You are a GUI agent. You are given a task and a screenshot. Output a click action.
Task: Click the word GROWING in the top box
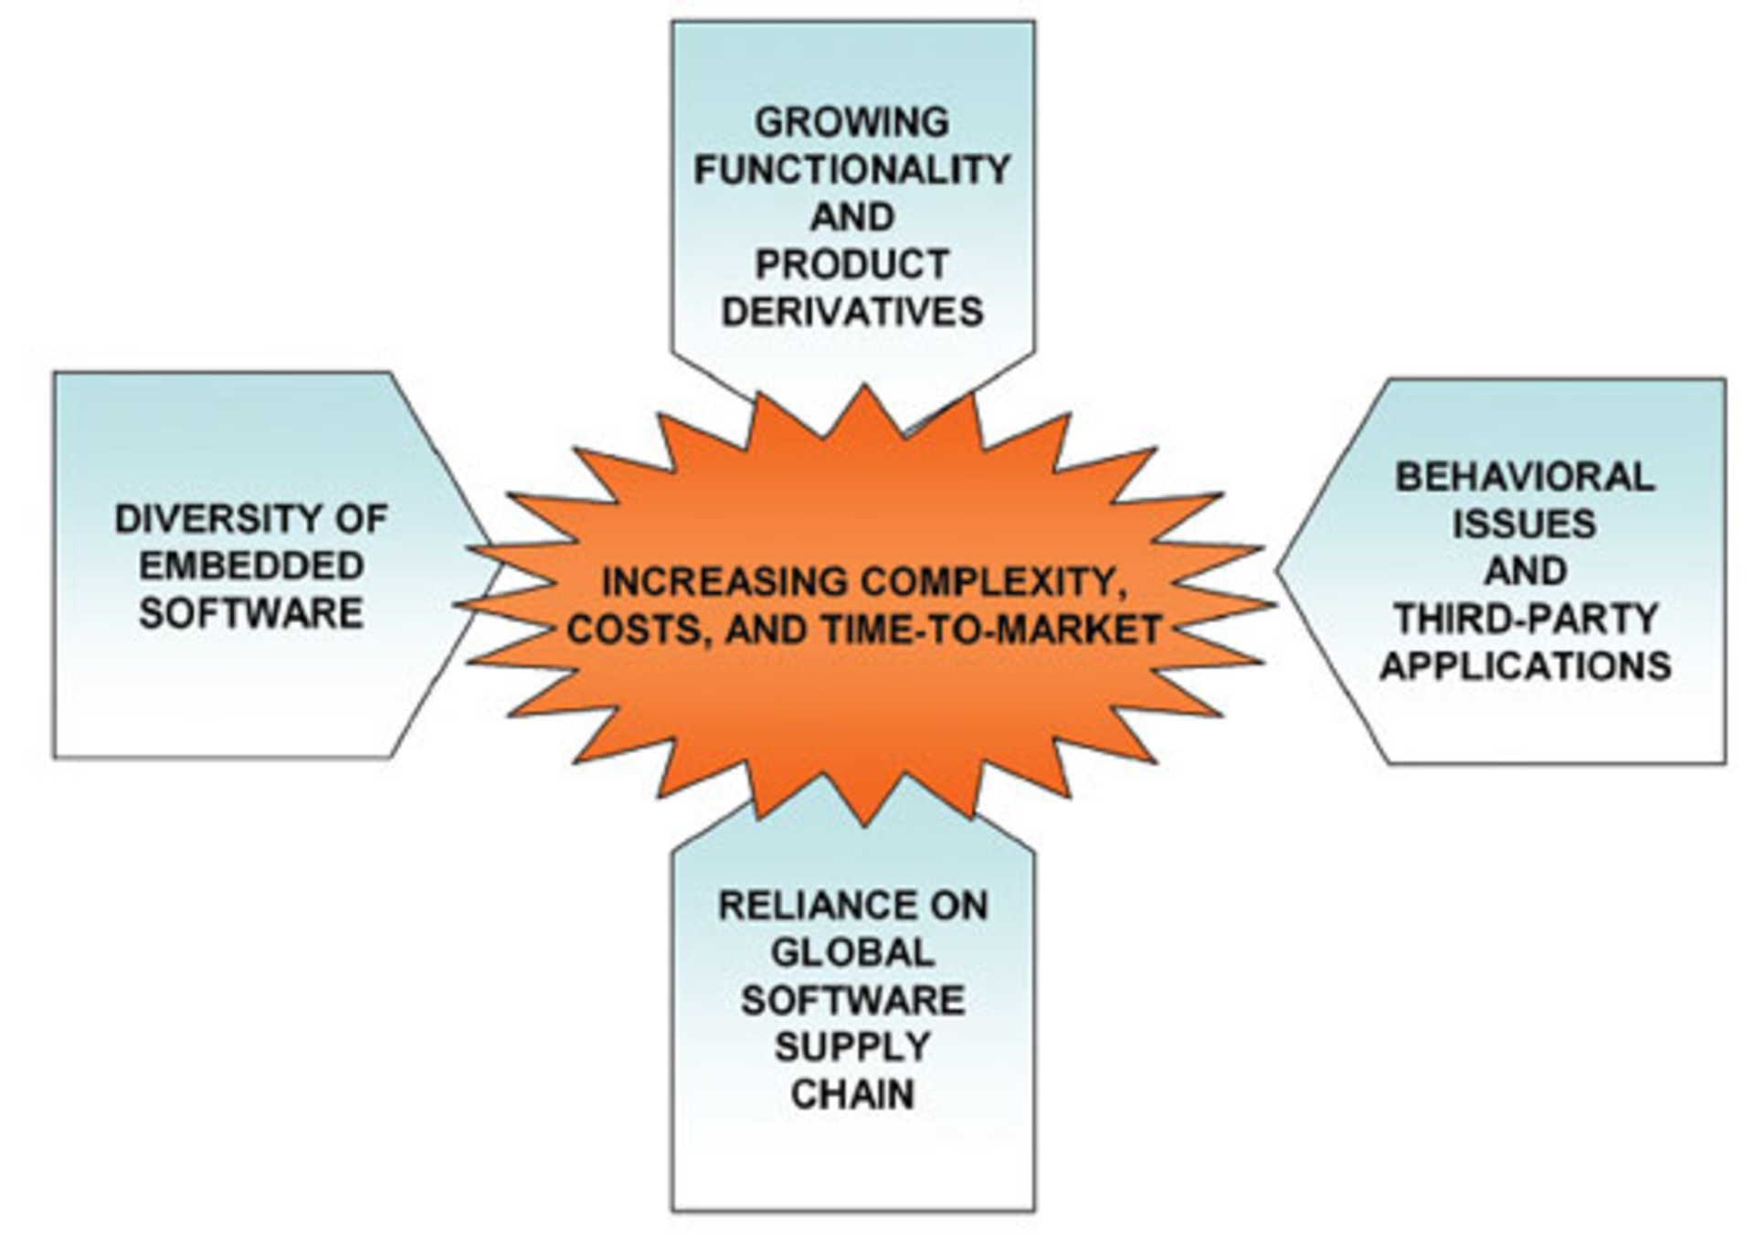pos(851,122)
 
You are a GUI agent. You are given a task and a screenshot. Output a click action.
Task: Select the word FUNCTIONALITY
pos(851,170)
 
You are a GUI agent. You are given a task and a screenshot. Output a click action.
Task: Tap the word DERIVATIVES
pos(851,313)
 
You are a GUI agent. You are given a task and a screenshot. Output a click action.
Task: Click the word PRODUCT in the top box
pos(851,265)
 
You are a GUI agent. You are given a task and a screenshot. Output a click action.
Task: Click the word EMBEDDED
pos(251,566)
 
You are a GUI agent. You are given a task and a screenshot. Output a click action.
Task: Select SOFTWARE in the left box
pos(251,613)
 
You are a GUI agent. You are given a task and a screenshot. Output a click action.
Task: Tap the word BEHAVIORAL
pos(1525,477)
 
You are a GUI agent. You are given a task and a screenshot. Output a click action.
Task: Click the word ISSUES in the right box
pos(1525,525)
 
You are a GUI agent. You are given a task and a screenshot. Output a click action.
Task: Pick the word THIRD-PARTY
pos(1525,619)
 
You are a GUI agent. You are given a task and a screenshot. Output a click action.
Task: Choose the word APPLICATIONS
pos(1525,665)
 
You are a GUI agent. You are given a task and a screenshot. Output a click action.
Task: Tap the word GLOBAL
pos(851,953)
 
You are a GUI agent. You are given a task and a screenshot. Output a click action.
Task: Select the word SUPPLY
pos(851,1047)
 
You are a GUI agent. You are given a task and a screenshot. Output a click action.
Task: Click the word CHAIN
pos(851,1095)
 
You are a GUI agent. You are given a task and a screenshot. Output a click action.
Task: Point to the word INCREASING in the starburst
pos(724,582)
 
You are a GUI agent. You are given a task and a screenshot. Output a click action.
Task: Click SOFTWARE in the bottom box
pos(851,1000)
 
